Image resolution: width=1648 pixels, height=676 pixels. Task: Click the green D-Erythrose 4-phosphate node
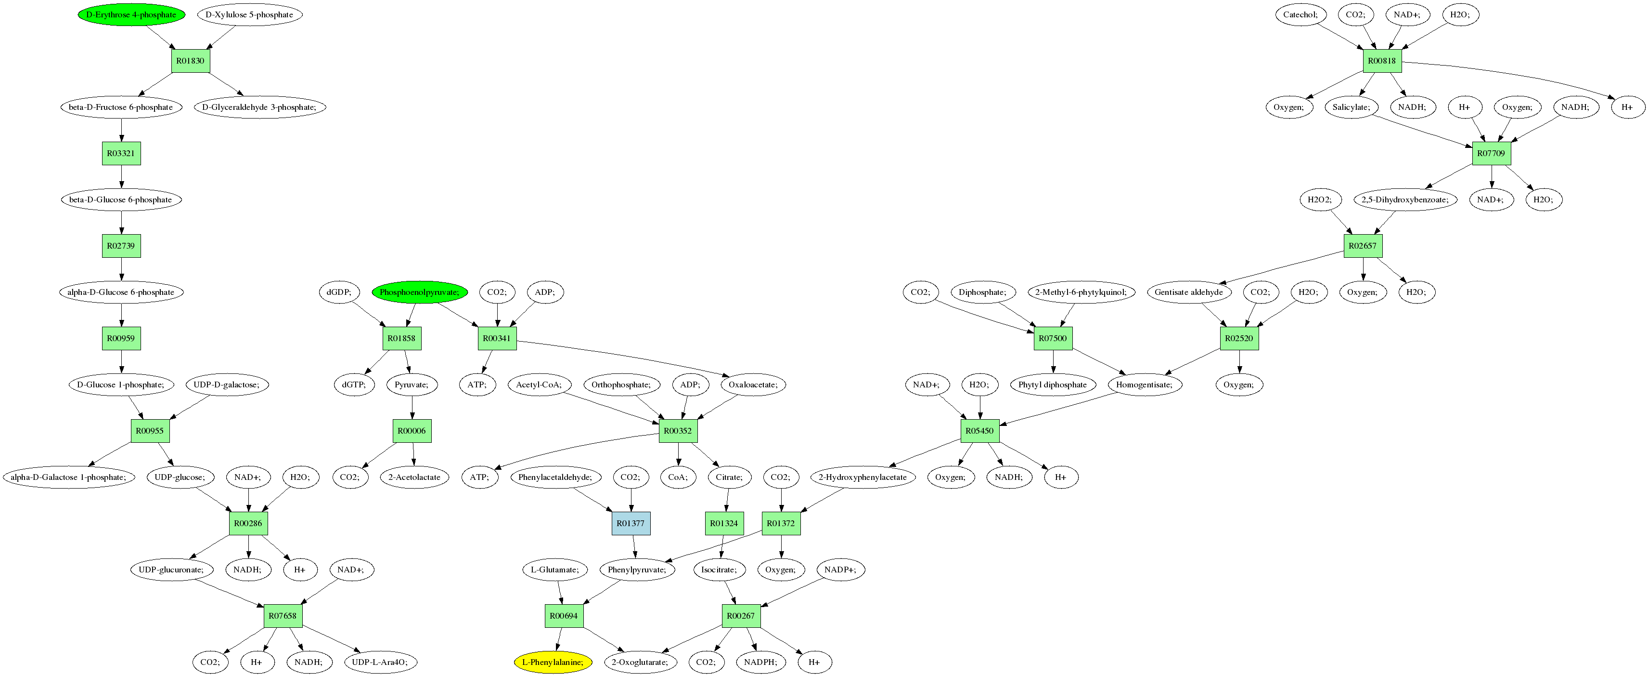click(131, 15)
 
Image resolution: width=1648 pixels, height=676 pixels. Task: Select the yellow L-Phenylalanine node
click(553, 662)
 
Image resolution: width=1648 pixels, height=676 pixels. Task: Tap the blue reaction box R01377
click(631, 523)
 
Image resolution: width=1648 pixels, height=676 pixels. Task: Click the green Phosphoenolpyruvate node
click(419, 292)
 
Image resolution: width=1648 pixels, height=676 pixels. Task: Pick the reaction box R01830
click(191, 61)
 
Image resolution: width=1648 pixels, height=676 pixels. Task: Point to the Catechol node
click(1300, 15)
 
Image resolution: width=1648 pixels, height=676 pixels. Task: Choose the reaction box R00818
click(1382, 61)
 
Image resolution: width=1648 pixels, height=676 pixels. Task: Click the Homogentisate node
click(1144, 384)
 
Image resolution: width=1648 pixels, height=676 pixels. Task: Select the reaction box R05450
click(979, 431)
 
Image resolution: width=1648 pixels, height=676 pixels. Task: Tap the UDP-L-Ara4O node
click(380, 662)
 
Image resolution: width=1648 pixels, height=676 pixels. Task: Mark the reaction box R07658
click(282, 616)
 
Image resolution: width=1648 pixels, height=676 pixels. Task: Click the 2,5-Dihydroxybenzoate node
click(1405, 200)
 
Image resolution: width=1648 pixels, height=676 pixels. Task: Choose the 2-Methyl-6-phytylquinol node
click(1081, 292)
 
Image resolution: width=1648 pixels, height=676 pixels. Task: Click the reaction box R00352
click(678, 431)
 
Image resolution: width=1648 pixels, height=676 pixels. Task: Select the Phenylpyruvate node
click(637, 570)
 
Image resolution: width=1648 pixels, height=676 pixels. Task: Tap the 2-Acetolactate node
click(414, 477)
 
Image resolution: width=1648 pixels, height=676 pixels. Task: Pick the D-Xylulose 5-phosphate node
click(249, 15)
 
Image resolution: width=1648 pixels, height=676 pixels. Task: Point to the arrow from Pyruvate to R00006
click(412, 408)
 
